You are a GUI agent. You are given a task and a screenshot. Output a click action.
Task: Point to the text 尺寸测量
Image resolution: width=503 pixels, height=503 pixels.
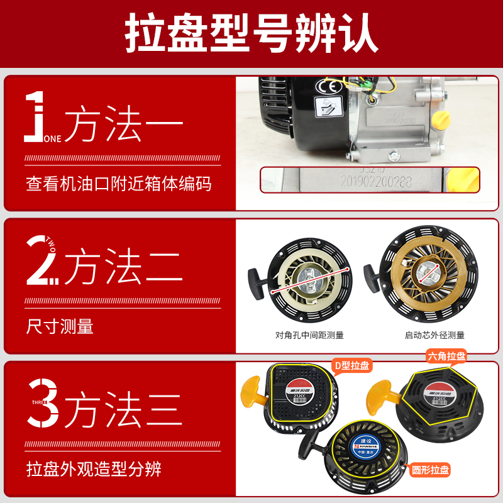(60, 327)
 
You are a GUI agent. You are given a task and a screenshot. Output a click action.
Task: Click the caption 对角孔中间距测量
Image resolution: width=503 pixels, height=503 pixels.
(309, 335)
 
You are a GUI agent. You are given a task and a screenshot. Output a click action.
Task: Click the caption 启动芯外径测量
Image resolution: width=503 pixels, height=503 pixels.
(434, 335)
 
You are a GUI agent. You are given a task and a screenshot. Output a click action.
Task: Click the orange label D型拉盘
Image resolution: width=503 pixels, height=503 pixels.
(351, 365)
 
